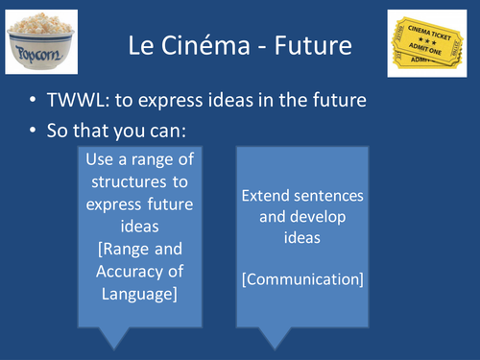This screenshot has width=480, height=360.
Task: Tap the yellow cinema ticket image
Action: (431, 42)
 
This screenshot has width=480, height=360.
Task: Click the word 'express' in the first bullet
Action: (258, 102)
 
